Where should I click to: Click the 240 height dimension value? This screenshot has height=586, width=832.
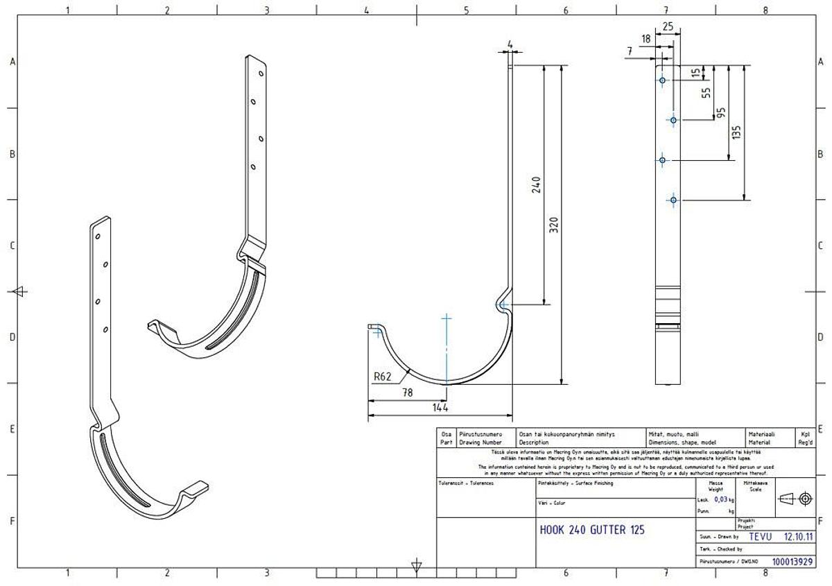(x=537, y=185)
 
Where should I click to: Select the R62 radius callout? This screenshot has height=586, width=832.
(x=383, y=377)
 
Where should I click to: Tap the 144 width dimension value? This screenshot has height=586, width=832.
(x=440, y=408)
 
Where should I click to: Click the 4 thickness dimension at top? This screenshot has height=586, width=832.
(x=510, y=45)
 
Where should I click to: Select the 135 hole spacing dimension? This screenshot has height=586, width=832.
(x=736, y=131)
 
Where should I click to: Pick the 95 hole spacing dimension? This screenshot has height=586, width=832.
(x=721, y=112)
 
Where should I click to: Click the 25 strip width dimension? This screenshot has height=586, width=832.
(x=668, y=26)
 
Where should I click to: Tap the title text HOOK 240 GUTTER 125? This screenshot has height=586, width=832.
(x=591, y=530)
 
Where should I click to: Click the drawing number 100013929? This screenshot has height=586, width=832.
(x=792, y=562)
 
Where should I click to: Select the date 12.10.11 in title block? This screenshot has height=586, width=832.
(x=798, y=536)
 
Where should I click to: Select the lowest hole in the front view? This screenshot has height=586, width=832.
(x=673, y=200)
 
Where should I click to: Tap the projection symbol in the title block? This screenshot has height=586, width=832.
(x=795, y=498)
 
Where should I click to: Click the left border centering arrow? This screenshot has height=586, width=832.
(x=20, y=291)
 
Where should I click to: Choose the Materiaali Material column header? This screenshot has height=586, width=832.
(x=760, y=438)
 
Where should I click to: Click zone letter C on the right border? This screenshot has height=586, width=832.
(x=820, y=245)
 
